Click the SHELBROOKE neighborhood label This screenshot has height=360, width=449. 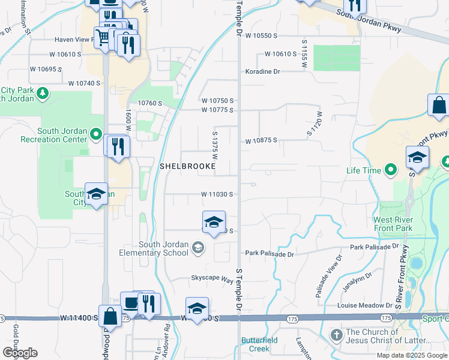tap(187, 165)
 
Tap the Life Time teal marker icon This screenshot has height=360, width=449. tap(391, 170)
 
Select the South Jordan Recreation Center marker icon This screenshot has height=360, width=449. tap(97, 136)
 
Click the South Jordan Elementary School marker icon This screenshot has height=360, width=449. tap(198, 248)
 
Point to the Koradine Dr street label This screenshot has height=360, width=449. tap(262, 71)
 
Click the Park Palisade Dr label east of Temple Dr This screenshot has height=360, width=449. tap(270, 254)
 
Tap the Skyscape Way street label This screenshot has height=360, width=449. tap(212, 279)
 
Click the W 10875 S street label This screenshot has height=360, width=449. tap(261, 140)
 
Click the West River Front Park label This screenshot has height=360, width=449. tap(393, 224)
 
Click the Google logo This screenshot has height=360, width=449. tap(19, 353)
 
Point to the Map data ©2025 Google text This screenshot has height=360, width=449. tap(411, 355)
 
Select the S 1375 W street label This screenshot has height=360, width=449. tap(214, 145)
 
